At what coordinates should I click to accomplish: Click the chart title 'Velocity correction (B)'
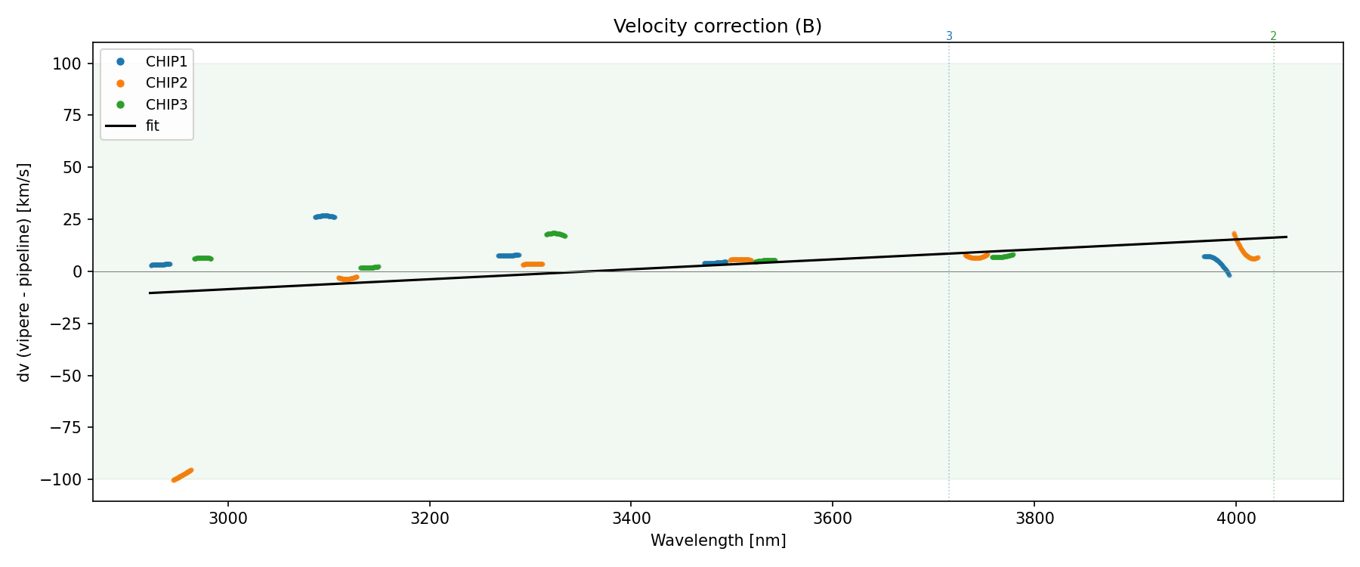pyautogui.click(x=717, y=26)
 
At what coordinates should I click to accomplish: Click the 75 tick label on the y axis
pyautogui.click(x=71, y=115)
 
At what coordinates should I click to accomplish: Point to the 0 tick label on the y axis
pyautogui.click(x=77, y=271)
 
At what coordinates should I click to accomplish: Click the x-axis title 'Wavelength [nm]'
pyautogui.click(x=718, y=541)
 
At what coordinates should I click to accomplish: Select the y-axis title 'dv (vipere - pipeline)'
pyautogui.click(x=24, y=272)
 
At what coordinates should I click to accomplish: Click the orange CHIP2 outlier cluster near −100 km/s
pyautogui.click(x=182, y=475)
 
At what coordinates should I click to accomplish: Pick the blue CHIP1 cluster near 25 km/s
pyautogui.click(x=325, y=216)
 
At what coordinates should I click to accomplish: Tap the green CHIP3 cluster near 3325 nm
pyautogui.click(x=555, y=234)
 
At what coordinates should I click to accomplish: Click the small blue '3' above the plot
pyautogui.click(x=949, y=36)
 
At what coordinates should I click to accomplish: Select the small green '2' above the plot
pyautogui.click(x=1273, y=36)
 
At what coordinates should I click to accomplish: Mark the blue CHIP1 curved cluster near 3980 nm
pyautogui.click(x=1216, y=262)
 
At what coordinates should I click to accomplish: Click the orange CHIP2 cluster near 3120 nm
pyautogui.click(x=348, y=278)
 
